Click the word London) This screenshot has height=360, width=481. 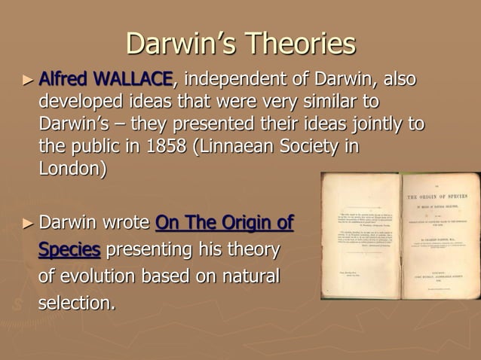point(72,168)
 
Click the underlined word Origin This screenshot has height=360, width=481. point(234,224)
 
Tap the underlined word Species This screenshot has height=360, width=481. point(69,250)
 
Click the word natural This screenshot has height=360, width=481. point(249,276)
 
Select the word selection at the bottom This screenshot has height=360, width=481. point(76,304)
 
